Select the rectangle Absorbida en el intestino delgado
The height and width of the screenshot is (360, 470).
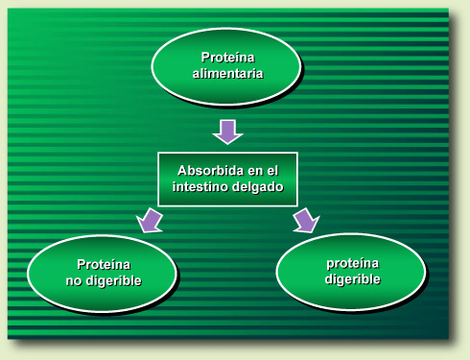pyautogui.click(x=227, y=179)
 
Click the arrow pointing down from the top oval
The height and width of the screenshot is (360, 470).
pyautogui.click(x=227, y=131)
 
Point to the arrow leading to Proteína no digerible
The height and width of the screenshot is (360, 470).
pyautogui.click(x=152, y=219)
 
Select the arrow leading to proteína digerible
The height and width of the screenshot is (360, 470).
pyautogui.click(x=304, y=219)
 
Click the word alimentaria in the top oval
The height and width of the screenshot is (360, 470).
pyautogui.click(x=227, y=73)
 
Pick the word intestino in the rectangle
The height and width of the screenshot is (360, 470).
pyautogui.click(x=200, y=187)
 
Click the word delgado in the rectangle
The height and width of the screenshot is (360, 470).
pyautogui.click(x=257, y=187)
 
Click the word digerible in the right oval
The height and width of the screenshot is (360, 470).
pyautogui.click(x=352, y=279)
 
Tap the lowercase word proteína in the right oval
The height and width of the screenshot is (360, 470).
pyautogui.click(x=352, y=262)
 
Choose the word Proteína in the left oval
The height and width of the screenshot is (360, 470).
pyautogui.click(x=103, y=263)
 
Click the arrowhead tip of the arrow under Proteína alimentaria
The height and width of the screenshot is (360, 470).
pyautogui.click(x=227, y=141)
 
